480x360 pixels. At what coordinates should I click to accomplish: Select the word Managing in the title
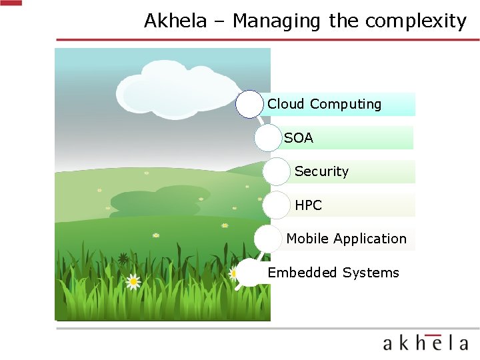coord(277,21)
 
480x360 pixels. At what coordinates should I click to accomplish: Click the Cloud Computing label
coord(325,104)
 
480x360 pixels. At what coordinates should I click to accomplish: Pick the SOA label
coord(299,138)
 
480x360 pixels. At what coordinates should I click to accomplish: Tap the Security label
coord(321,171)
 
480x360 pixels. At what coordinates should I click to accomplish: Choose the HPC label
coord(308,205)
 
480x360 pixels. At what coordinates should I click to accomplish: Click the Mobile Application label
coord(346,239)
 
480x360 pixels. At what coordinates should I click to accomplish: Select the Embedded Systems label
coord(333,273)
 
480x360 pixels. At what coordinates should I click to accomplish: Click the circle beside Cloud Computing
coord(249,105)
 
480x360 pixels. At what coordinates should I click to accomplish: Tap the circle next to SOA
coord(268,138)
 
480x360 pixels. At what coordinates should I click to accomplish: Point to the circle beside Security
coord(276,171)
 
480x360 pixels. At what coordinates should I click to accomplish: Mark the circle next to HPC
coord(276,205)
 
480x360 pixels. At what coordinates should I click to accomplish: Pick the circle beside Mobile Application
coord(268,239)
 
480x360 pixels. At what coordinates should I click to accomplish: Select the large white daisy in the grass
coord(133,281)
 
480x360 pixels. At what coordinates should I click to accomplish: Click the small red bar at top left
coord(11,3)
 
